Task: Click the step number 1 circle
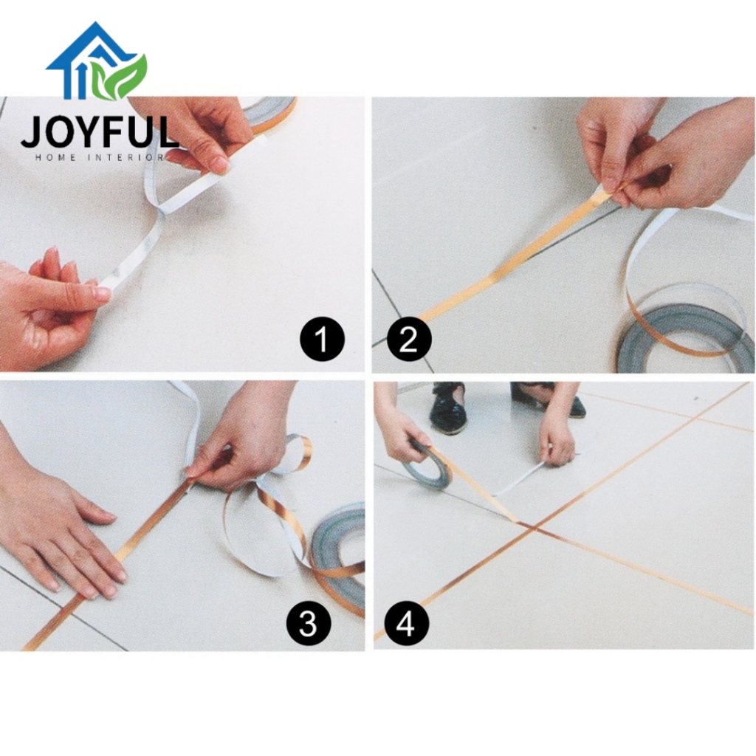[322, 338]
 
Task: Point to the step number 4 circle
[405, 622]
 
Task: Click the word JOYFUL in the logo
[100, 132]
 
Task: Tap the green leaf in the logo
[120, 77]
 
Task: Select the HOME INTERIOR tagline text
[100, 157]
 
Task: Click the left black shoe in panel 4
[448, 408]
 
